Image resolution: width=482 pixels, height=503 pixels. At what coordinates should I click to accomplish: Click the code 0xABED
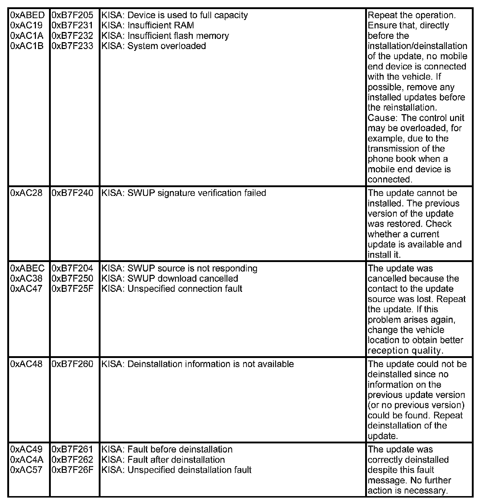28,15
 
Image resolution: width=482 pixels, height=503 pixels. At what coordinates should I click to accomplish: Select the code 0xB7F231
73,25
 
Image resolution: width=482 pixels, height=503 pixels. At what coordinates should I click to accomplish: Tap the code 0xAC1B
27,46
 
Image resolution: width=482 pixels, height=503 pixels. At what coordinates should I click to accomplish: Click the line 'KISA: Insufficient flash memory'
165,36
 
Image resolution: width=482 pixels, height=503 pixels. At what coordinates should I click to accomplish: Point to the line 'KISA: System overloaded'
154,46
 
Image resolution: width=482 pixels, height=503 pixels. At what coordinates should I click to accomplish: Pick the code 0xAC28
26,193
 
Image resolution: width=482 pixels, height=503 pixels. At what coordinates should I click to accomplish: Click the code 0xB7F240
73,193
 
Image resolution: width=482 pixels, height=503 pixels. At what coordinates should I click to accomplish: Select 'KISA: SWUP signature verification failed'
184,193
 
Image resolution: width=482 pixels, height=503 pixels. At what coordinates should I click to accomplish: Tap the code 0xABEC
28,268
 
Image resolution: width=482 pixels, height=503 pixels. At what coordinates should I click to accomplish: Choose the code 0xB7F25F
73,289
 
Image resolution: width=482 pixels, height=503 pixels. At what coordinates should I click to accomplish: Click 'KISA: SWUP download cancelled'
169,278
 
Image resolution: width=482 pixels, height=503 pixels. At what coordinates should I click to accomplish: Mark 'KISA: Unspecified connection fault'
172,289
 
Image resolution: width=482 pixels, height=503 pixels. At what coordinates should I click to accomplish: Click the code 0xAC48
26,364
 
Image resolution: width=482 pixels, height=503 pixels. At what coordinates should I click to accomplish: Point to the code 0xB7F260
73,364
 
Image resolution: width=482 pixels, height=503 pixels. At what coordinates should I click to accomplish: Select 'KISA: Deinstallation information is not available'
197,364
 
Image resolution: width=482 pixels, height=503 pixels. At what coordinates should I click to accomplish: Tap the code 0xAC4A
27,459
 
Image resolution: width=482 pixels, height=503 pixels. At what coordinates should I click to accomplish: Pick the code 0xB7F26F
73,470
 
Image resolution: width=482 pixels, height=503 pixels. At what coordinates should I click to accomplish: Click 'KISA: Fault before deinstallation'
167,449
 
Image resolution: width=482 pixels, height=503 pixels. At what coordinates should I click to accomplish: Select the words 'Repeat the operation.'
412,15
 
